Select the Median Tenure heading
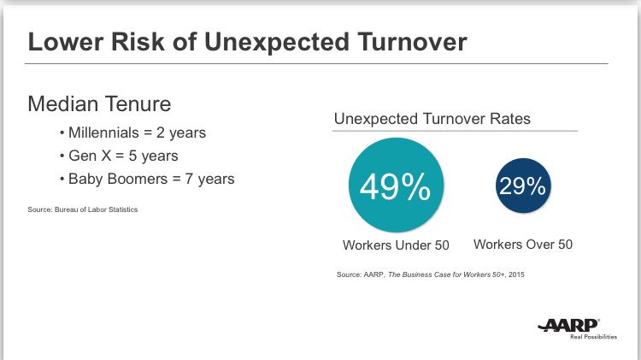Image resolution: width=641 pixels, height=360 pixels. click(x=99, y=104)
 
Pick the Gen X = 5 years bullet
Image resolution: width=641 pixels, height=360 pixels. click(x=120, y=156)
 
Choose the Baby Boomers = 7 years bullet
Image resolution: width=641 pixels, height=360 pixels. click(x=146, y=179)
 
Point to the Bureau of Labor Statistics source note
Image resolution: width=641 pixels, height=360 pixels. click(x=82, y=210)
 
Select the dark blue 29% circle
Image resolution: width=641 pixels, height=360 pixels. click(x=522, y=186)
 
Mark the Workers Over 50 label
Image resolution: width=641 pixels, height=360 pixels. click(x=522, y=245)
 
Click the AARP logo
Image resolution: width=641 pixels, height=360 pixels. click(x=569, y=325)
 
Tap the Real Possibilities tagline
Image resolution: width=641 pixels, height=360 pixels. click(x=593, y=337)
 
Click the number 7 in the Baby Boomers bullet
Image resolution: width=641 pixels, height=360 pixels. click(x=191, y=179)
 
